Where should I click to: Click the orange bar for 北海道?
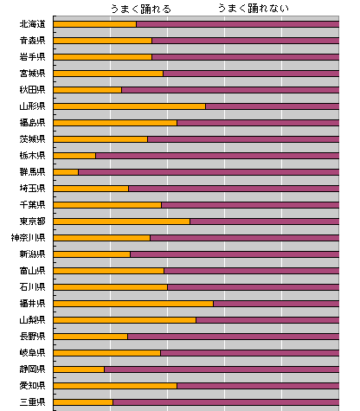95,24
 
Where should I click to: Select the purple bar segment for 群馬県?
209,172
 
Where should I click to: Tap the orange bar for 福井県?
133,304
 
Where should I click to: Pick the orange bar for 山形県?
130,106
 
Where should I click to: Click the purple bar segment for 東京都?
265,222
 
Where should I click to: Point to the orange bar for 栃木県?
74,156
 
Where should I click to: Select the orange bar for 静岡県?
79,369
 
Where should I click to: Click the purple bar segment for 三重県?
226,402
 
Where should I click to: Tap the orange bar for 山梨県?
125,320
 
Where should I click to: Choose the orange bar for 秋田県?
87,90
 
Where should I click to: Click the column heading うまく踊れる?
141,9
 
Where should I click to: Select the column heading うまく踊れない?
254,9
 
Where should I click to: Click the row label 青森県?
32,41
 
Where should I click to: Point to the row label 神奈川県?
28,238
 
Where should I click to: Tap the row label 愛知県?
32,386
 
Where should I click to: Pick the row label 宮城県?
32,74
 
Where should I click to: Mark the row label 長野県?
32,337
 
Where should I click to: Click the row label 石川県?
32,287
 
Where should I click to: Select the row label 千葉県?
32,205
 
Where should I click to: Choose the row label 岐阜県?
32,353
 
